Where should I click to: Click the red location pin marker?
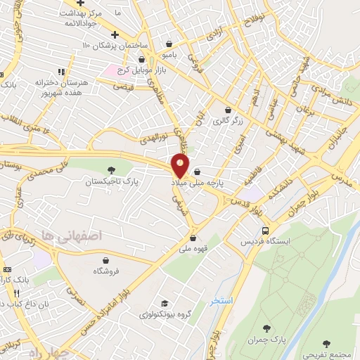coord(181,167)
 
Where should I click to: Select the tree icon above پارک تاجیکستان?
coord(110,170)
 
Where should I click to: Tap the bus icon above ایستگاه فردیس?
coord(264,230)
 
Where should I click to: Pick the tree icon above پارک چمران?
coord(266,328)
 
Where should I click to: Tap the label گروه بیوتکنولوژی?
coord(166,314)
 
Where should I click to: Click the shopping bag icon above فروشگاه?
coord(105,258)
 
